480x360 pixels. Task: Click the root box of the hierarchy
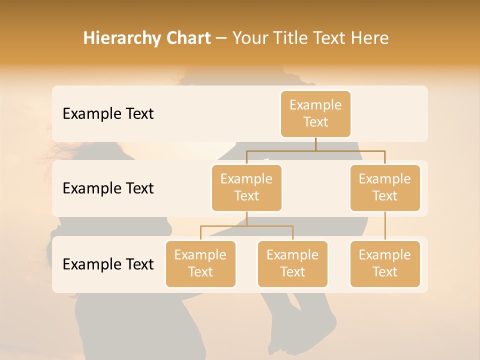point(315,113)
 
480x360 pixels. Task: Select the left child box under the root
point(246,187)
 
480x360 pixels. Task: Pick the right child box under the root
point(385,187)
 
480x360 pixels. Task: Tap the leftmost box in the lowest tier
point(200,263)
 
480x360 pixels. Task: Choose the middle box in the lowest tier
point(292,263)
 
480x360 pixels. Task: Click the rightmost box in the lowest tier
point(385,263)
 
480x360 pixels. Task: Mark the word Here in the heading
point(370,38)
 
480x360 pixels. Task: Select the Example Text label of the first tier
point(108,113)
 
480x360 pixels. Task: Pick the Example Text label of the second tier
point(108,188)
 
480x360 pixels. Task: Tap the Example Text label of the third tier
point(108,264)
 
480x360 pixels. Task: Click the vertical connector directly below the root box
point(315,144)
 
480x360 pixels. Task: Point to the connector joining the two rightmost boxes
point(385,225)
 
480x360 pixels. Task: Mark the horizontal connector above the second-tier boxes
point(315,150)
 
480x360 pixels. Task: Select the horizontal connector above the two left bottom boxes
point(246,226)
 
